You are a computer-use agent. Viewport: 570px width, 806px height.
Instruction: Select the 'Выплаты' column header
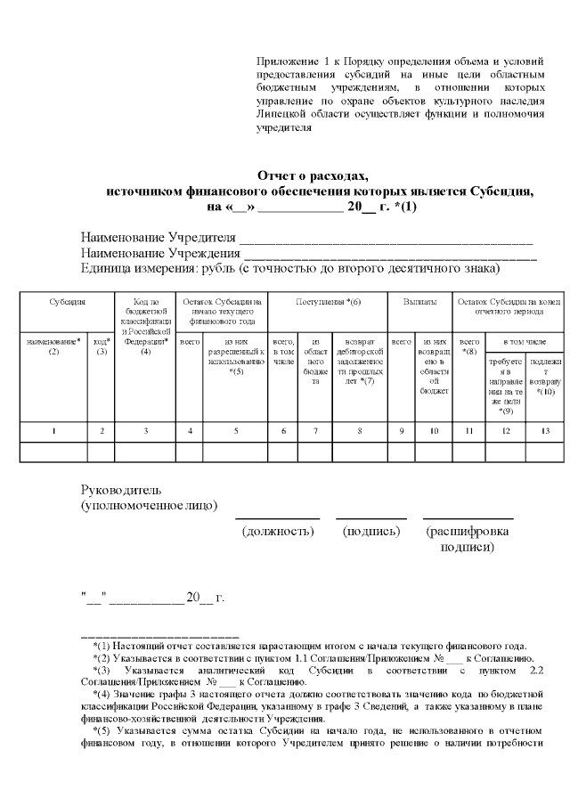point(419,303)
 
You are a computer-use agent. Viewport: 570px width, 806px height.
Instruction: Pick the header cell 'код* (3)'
point(102,346)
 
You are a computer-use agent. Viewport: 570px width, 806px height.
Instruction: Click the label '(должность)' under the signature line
point(280,532)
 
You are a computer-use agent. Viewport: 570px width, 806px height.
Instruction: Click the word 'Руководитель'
point(120,490)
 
